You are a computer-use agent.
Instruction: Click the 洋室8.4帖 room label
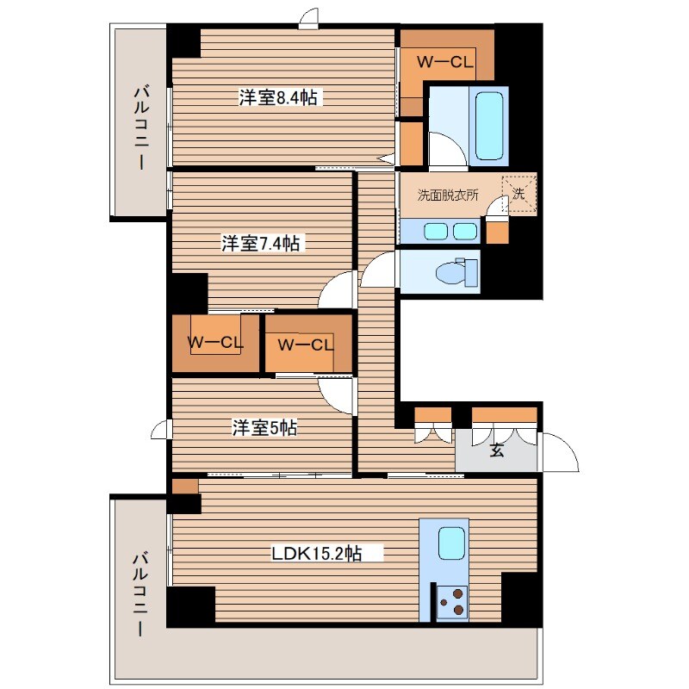[278, 98]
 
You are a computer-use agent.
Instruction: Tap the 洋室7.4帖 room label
[260, 245]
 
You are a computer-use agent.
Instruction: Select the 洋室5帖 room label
[264, 428]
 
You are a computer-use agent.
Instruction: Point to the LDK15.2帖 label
[316, 555]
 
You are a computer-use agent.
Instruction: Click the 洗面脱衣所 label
[448, 196]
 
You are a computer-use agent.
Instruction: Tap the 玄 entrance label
[498, 449]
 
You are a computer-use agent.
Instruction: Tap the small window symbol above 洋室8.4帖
[309, 20]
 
